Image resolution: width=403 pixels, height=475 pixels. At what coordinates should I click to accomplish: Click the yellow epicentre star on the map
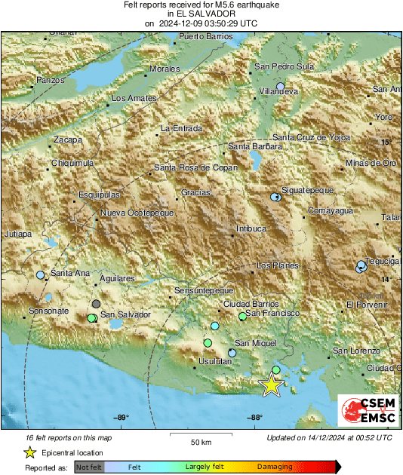[x=271, y=385]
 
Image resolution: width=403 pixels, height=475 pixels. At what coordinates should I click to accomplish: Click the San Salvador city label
[x=126, y=314]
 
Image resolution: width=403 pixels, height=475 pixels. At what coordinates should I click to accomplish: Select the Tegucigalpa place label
[x=382, y=261]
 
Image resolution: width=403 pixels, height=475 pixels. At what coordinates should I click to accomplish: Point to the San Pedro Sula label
[x=284, y=66]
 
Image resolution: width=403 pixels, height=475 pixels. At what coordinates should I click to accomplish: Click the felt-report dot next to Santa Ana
[x=40, y=275]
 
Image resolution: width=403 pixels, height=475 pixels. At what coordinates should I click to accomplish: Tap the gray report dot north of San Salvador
[x=96, y=303]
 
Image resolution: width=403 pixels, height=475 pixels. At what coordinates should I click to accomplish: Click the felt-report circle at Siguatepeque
[x=275, y=197]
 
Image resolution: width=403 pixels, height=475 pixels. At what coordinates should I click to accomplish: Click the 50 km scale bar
[x=200, y=434]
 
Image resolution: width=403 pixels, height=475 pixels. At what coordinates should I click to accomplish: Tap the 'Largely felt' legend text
[x=203, y=467]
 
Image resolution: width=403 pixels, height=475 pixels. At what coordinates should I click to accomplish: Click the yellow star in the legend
[x=29, y=452]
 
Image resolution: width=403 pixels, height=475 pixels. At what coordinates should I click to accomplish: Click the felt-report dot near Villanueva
[x=280, y=87]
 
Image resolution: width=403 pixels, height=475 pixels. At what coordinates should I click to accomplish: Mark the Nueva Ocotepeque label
[x=137, y=213]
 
